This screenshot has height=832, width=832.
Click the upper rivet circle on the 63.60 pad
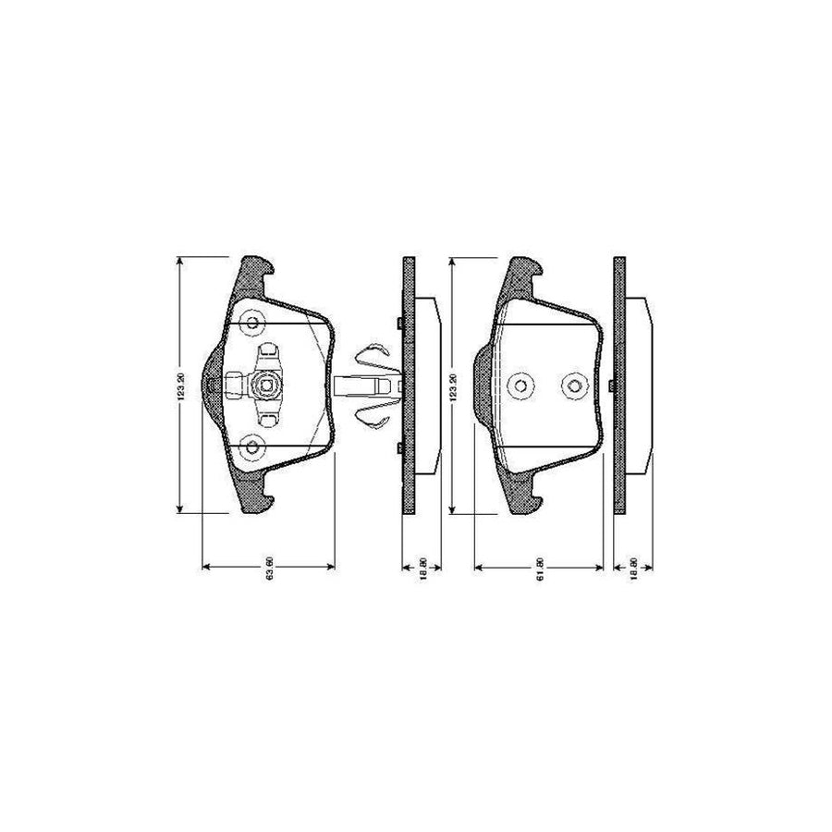tap(252, 324)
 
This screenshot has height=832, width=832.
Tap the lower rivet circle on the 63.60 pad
tap(252, 447)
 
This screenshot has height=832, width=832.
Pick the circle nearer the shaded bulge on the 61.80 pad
tap(520, 385)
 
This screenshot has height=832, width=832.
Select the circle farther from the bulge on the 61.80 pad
tap(575, 385)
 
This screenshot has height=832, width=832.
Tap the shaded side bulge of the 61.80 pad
tap(482, 385)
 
